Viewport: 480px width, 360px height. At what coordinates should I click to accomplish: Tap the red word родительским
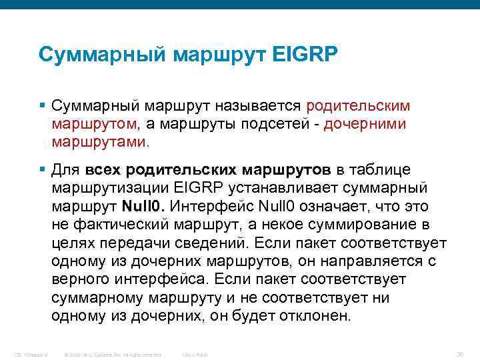(x=358, y=106)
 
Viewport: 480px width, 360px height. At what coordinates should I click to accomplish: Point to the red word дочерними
(x=365, y=124)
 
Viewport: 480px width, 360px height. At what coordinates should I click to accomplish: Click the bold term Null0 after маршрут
(x=143, y=206)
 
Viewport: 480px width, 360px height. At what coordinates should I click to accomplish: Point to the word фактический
(x=121, y=225)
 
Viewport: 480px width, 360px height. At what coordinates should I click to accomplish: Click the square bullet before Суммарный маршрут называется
(x=42, y=106)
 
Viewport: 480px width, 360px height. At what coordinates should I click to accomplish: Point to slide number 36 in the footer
(x=459, y=353)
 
